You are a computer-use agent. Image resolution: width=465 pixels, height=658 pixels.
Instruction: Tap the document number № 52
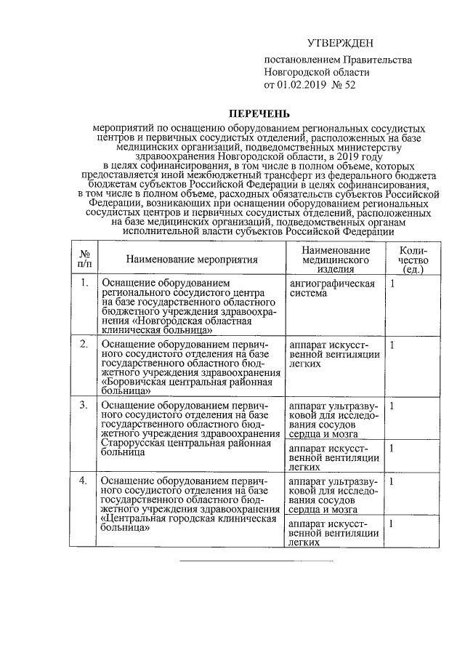click(342, 85)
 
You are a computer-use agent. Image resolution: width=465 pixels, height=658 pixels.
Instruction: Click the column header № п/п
click(85, 259)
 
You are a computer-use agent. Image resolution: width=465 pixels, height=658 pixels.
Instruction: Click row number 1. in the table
click(85, 283)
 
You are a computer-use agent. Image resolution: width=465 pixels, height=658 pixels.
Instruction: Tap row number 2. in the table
click(85, 344)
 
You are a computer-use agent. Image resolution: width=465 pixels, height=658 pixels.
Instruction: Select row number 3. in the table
click(85, 405)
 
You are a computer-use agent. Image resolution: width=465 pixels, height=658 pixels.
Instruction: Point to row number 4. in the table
click(85, 481)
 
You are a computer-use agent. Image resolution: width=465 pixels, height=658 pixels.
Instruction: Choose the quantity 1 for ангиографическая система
click(392, 283)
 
